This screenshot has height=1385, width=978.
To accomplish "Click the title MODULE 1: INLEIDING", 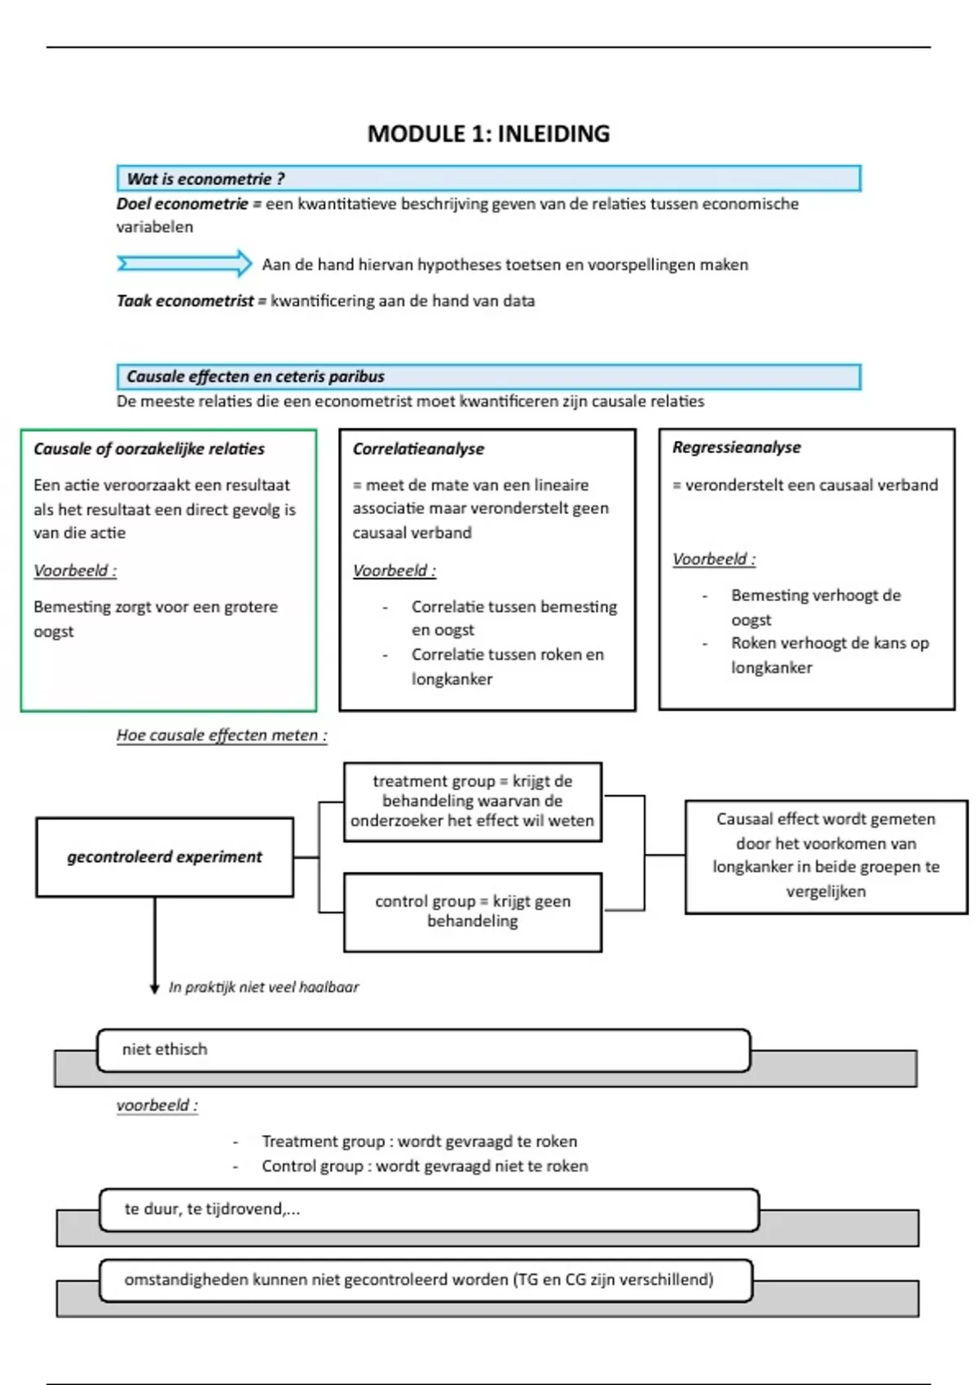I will coord(488,134).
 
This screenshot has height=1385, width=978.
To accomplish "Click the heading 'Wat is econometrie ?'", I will coord(205,179).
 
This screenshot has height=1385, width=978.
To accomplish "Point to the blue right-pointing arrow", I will coord(185,263).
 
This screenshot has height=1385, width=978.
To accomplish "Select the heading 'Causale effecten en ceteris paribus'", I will coord(255,376).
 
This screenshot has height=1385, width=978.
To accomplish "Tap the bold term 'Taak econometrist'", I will coord(185,301).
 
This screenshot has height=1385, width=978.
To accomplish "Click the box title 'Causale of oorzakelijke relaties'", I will coord(149,449).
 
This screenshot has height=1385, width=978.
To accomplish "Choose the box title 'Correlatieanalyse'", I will coord(418,449).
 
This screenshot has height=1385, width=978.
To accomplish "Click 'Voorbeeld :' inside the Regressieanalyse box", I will coord(714,560).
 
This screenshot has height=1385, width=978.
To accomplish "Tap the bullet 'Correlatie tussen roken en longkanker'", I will coord(507,666).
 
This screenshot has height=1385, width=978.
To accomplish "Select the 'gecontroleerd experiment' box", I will coord(165,857).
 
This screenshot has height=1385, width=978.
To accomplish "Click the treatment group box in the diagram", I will coord(473,801).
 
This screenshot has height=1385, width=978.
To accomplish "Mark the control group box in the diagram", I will coord(473,912).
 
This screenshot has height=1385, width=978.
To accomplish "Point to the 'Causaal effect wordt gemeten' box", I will coord(826,855).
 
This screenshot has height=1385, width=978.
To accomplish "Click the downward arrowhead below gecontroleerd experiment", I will coord(155,988).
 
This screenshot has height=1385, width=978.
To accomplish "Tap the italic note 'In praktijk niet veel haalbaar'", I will coord(263,987).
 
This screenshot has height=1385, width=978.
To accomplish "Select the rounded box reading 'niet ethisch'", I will coord(423,1050).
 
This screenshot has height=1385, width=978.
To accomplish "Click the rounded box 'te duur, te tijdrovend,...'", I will coord(429,1210).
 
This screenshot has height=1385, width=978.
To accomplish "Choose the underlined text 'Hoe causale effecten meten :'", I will coord(222,736).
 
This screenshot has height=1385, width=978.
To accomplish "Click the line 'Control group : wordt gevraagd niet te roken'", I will coord(424,1167).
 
